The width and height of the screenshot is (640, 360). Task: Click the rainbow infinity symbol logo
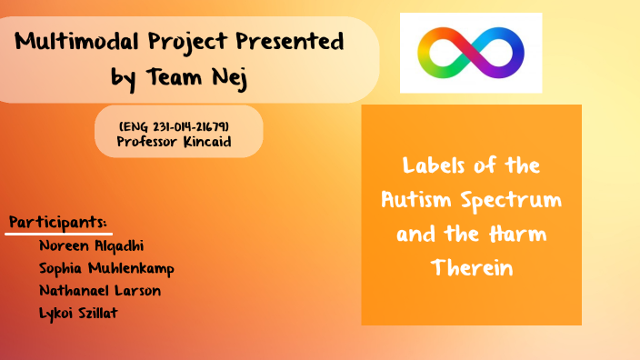[471, 52]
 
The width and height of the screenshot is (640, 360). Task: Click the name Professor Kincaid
[174, 141]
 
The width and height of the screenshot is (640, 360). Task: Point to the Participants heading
[58, 222]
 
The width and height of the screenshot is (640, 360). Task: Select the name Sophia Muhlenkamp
[106, 268]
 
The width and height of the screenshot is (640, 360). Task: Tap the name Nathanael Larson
[101, 291]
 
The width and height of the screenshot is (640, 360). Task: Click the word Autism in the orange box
[412, 199]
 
